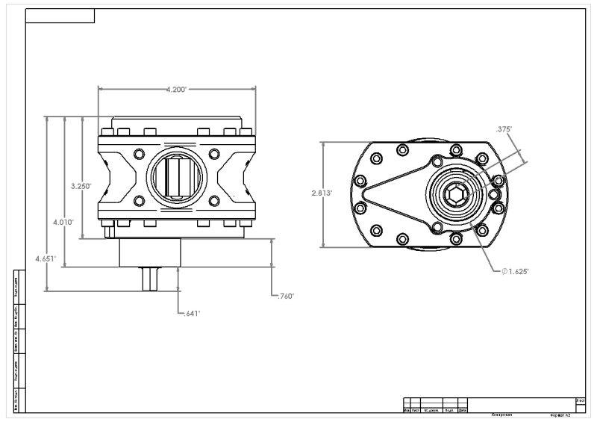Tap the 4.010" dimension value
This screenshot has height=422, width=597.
click(x=63, y=222)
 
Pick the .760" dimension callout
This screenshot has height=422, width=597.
click(x=285, y=297)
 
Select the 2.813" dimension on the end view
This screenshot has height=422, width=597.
click(x=322, y=193)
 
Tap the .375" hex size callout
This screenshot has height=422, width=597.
click(x=505, y=129)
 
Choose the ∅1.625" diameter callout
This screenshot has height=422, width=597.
click(x=515, y=271)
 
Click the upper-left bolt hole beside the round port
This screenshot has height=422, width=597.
click(x=138, y=154)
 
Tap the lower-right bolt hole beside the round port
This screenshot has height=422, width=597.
click(x=214, y=201)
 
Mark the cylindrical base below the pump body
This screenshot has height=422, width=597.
click(x=149, y=252)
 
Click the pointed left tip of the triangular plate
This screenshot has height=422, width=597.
click(x=364, y=195)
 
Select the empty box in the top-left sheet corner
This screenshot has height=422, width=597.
click(x=60, y=16)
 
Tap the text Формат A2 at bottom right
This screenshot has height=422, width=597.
click(x=559, y=414)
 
